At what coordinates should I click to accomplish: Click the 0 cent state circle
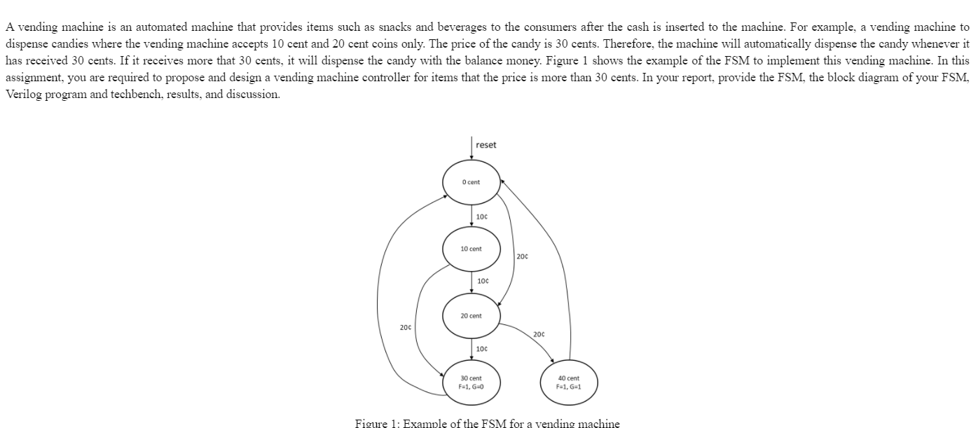[x=471, y=181]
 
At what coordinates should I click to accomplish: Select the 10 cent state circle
[x=471, y=249]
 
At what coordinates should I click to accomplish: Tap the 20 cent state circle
[x=471, y=316]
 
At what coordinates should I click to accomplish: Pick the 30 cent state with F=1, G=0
[x=471, y=382]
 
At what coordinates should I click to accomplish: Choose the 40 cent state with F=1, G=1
[x=568, y=382]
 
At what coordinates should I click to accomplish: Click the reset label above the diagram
[x=485, y=145]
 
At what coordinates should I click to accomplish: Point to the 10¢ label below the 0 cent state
[x=482, y=216]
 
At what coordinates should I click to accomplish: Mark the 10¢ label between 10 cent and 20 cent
[x=482, y=282]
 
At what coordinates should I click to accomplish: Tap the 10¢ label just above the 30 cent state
[x=482, y=349]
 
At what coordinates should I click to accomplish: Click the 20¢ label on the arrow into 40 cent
[x=539, y=334]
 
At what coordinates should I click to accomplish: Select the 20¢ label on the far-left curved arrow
[x=406, y=327]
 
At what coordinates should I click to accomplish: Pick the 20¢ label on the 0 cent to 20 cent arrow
[x=522, y=256]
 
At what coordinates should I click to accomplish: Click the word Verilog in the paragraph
[x=24, y=94]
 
